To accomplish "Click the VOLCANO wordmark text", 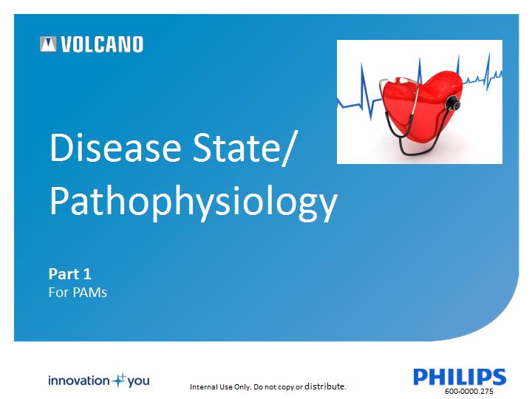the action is (x=102, y=44).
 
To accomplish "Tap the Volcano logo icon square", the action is (x=48, y=44).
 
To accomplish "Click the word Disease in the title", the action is (x=115, y=147).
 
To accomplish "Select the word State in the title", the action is (x=236, y=147).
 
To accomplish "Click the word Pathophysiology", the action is (x=194, y=202).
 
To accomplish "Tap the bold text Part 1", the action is (x=70, y=274).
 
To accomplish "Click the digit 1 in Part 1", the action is (x=87, y=274).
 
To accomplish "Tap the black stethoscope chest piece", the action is (x=453, y=103).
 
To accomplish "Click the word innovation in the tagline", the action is (x=79, y=381).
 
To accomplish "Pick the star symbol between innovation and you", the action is (x=119, y=381).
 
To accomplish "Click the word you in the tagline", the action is (x=138, y=382).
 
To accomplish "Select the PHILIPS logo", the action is (x=460, y=377).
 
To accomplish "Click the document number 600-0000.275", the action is (x=469, y=391).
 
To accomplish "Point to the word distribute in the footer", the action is (x=325, y=386).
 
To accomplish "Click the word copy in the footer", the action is (x=286, y=387).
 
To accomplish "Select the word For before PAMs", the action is (x=58, y=293).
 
